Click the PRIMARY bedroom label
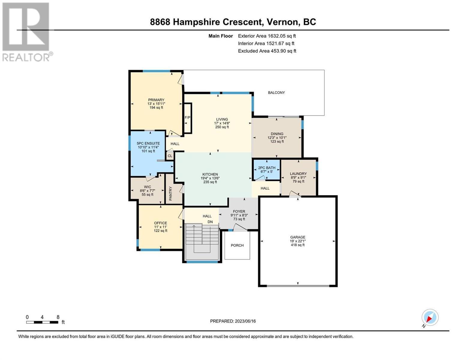point(156,100)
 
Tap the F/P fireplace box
point(188,118)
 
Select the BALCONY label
point(276,93)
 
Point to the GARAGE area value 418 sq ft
point(298,245)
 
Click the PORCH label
point(237,245)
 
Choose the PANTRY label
point(170,193)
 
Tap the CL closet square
point(170,156)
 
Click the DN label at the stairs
point(210,222)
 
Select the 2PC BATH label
point(267,168)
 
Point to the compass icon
point(430,317)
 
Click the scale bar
point(42,322)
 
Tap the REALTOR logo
point(27,32)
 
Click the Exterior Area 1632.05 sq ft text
point(267,36)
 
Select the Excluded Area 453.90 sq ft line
point(267,51)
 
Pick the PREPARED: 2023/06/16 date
point(233,321)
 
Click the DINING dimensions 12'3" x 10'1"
point(277,138)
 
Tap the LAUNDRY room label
point(298,174)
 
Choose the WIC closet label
point(147,187)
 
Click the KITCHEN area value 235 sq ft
point(210,182)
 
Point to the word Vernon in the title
point(282,22)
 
